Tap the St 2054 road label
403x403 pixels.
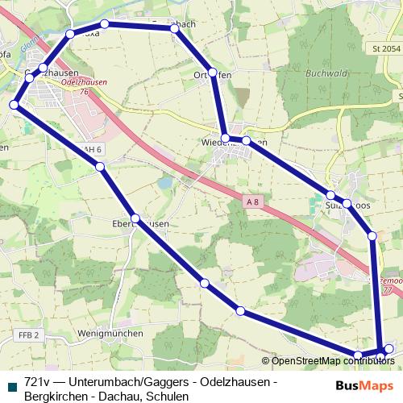pyautogui.click(x=386, y=49)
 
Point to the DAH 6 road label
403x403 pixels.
pyautogui.click(x=90, y=150)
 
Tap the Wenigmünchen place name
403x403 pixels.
pyautogui.click(x=110, y=333)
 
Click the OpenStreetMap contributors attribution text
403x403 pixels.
pyautogui.click(x=329, y=360)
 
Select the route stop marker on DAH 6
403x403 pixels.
pyautogui.click(x=101, y=167)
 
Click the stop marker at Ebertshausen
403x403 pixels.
pyautogui.click(x=135, y=219)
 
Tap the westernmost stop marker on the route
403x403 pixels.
pyautogui.click(x=15, y=105)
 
